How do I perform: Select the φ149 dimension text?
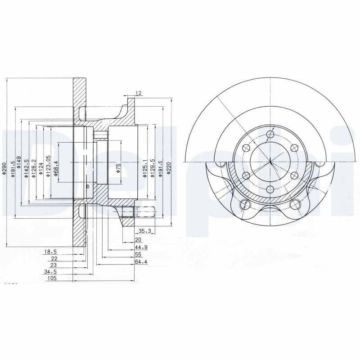pos(19,161)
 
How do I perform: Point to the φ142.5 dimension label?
pos(27,167)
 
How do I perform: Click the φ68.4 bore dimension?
pos(55,168)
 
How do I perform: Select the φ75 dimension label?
pos(118,168)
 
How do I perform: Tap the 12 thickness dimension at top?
pos(139,93)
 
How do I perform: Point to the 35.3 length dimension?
pos(144,231)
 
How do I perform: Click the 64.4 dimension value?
pos(141,261)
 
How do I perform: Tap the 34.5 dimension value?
pos(50,272)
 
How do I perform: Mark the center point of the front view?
pos(270,162)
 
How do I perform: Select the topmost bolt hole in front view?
pos(270,134)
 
